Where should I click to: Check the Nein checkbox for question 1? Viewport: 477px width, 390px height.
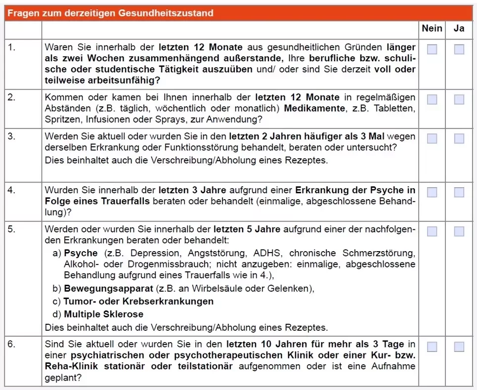[x=432, y=49]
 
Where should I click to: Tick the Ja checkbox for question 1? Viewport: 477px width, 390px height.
[x=459, y=49]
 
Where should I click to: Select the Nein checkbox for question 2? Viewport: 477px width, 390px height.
[x=432, y=99]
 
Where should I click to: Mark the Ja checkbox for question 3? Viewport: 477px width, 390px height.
[x=459, y=138]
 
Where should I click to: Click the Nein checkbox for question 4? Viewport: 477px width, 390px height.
[x=432, y=192]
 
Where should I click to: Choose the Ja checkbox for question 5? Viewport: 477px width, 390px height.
[x=459, y=231]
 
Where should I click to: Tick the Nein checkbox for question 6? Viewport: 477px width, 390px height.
[x=432, y=347]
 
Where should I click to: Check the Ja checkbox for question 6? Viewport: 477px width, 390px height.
[x=459, y=347]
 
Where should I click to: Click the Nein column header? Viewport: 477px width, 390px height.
[x=432, y=29]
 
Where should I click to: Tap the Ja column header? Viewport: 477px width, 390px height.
[x=459, y=29]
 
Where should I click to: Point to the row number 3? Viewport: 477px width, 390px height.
[x=12, y=136]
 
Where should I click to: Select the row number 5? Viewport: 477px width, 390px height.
[x=12, y=229]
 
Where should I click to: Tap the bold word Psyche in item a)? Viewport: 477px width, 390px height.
[x=81, y=254]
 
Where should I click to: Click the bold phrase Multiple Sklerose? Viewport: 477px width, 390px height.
[x=104, y=314]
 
